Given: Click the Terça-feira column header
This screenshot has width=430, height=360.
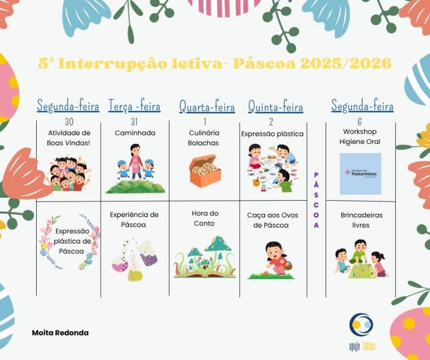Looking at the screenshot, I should (x=134, y=106).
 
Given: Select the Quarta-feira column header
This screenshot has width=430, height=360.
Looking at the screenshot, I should (x=207, y=106).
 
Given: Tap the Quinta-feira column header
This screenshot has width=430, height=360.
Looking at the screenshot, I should (x=275, y=106).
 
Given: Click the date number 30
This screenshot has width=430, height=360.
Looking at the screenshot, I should (x=69, y=122).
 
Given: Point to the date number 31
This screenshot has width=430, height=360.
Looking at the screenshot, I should (x=134, y=122).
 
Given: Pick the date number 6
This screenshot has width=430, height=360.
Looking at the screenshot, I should (x=359, y=122).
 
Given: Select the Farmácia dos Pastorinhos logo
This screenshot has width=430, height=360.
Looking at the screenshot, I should (x=360, y=173).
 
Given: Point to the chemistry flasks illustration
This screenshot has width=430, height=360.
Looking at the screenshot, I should (x=135, y=259).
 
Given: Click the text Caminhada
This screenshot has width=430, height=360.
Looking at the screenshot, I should (x=135, y=133).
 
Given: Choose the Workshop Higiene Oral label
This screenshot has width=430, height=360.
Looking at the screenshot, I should (x=359, y=136).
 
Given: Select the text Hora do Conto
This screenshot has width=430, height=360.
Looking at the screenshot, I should (x=205, y=218).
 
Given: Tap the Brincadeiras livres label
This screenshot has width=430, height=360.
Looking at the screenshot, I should (x=361, y=220).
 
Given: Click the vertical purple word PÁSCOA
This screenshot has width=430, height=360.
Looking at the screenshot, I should (x=316, y=200).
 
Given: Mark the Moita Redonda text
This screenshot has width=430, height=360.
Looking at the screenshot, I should (x=60, y=332).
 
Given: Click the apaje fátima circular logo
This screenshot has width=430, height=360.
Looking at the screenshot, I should (x=361, y=326).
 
